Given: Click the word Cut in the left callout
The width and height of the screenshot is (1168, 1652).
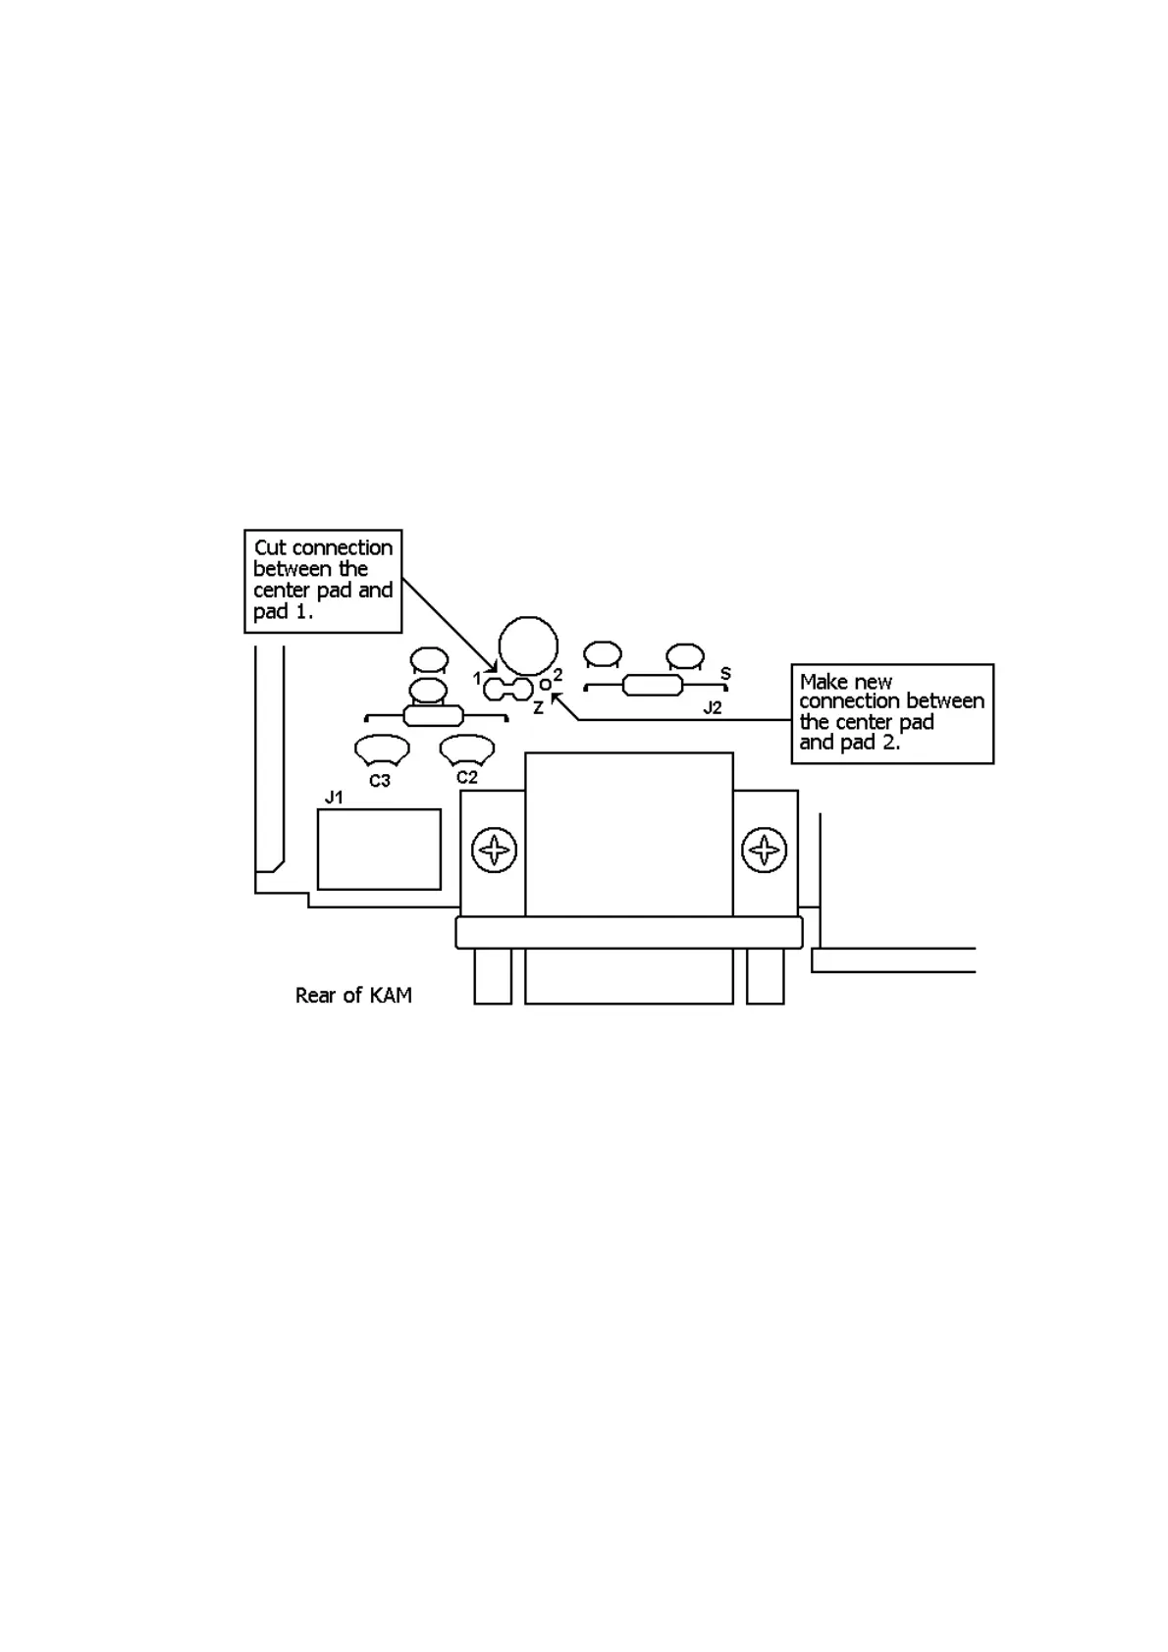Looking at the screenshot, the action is click(271, 548).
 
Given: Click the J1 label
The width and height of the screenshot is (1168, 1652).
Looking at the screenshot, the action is click(334, 798).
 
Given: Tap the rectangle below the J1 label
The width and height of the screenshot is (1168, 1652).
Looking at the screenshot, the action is click(379, 850).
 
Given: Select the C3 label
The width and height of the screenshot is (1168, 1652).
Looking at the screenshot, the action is click(380, 781).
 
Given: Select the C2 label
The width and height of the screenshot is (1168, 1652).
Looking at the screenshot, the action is click(467, 777).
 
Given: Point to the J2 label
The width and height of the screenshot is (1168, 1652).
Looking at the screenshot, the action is click(713, 707).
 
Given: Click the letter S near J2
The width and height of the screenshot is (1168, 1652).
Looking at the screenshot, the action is click(725, 674).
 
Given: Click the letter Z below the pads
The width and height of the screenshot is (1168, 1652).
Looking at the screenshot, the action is click(538, 707).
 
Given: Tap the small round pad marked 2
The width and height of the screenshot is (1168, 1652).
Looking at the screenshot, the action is click(546, 685).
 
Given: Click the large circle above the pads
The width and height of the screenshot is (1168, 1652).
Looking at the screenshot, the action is click(528, 645).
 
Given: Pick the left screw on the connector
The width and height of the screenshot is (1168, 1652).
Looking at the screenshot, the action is click(494, 850).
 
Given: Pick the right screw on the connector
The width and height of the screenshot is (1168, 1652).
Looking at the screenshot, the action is click(764, 850).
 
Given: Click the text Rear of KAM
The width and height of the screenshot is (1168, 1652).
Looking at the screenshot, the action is click(353, 996).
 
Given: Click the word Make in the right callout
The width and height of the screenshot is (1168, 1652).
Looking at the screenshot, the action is click(823, 682).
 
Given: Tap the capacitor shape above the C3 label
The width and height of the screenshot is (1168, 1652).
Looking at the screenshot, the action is click(382, 750).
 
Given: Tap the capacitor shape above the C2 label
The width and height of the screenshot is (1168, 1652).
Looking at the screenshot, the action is click(466, 749).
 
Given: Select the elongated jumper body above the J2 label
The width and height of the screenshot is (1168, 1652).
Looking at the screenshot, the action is click(653, 686).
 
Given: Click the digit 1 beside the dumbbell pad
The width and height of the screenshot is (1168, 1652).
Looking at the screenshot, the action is click(477, 678).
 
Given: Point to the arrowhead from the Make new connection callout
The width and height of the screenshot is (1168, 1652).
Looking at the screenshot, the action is click(556, 697).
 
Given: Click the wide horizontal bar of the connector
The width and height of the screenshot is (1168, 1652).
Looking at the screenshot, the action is click(629, 932).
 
